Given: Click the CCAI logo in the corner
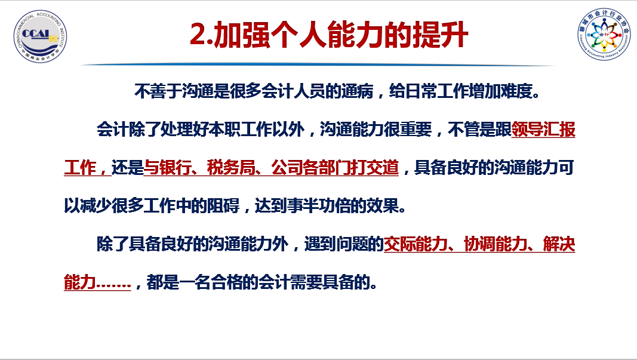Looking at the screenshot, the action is click(40, 36).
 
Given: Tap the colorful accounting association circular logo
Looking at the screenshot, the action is click(605, 34).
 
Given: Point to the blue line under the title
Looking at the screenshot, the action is click(318, 64).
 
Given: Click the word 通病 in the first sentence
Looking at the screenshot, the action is click(357, 91).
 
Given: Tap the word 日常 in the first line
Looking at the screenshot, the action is click(421, 91).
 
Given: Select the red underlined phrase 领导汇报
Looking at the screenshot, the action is click(543, 130).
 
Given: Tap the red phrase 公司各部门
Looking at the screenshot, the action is click(311, 168).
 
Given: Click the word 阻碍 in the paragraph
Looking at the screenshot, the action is click(223, 206).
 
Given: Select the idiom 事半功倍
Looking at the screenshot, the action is click(319, 206).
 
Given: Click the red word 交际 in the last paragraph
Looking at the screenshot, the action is click(400, 244).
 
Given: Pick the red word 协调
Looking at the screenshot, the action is click(479, 244).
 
